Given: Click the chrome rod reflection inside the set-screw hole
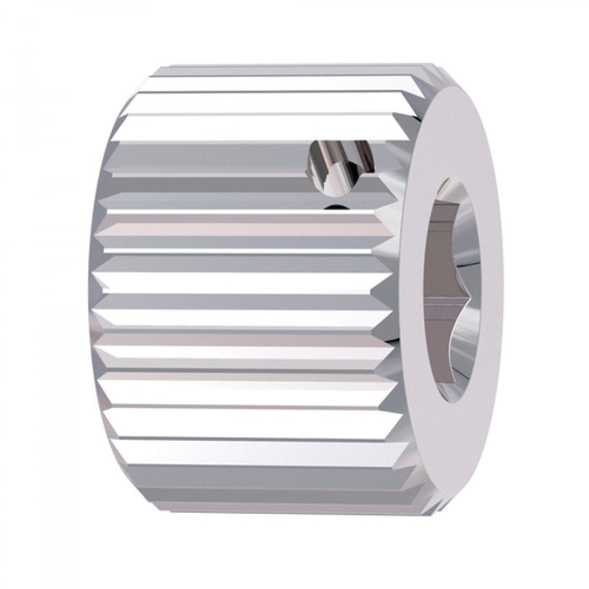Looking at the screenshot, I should tap(329, 158).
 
